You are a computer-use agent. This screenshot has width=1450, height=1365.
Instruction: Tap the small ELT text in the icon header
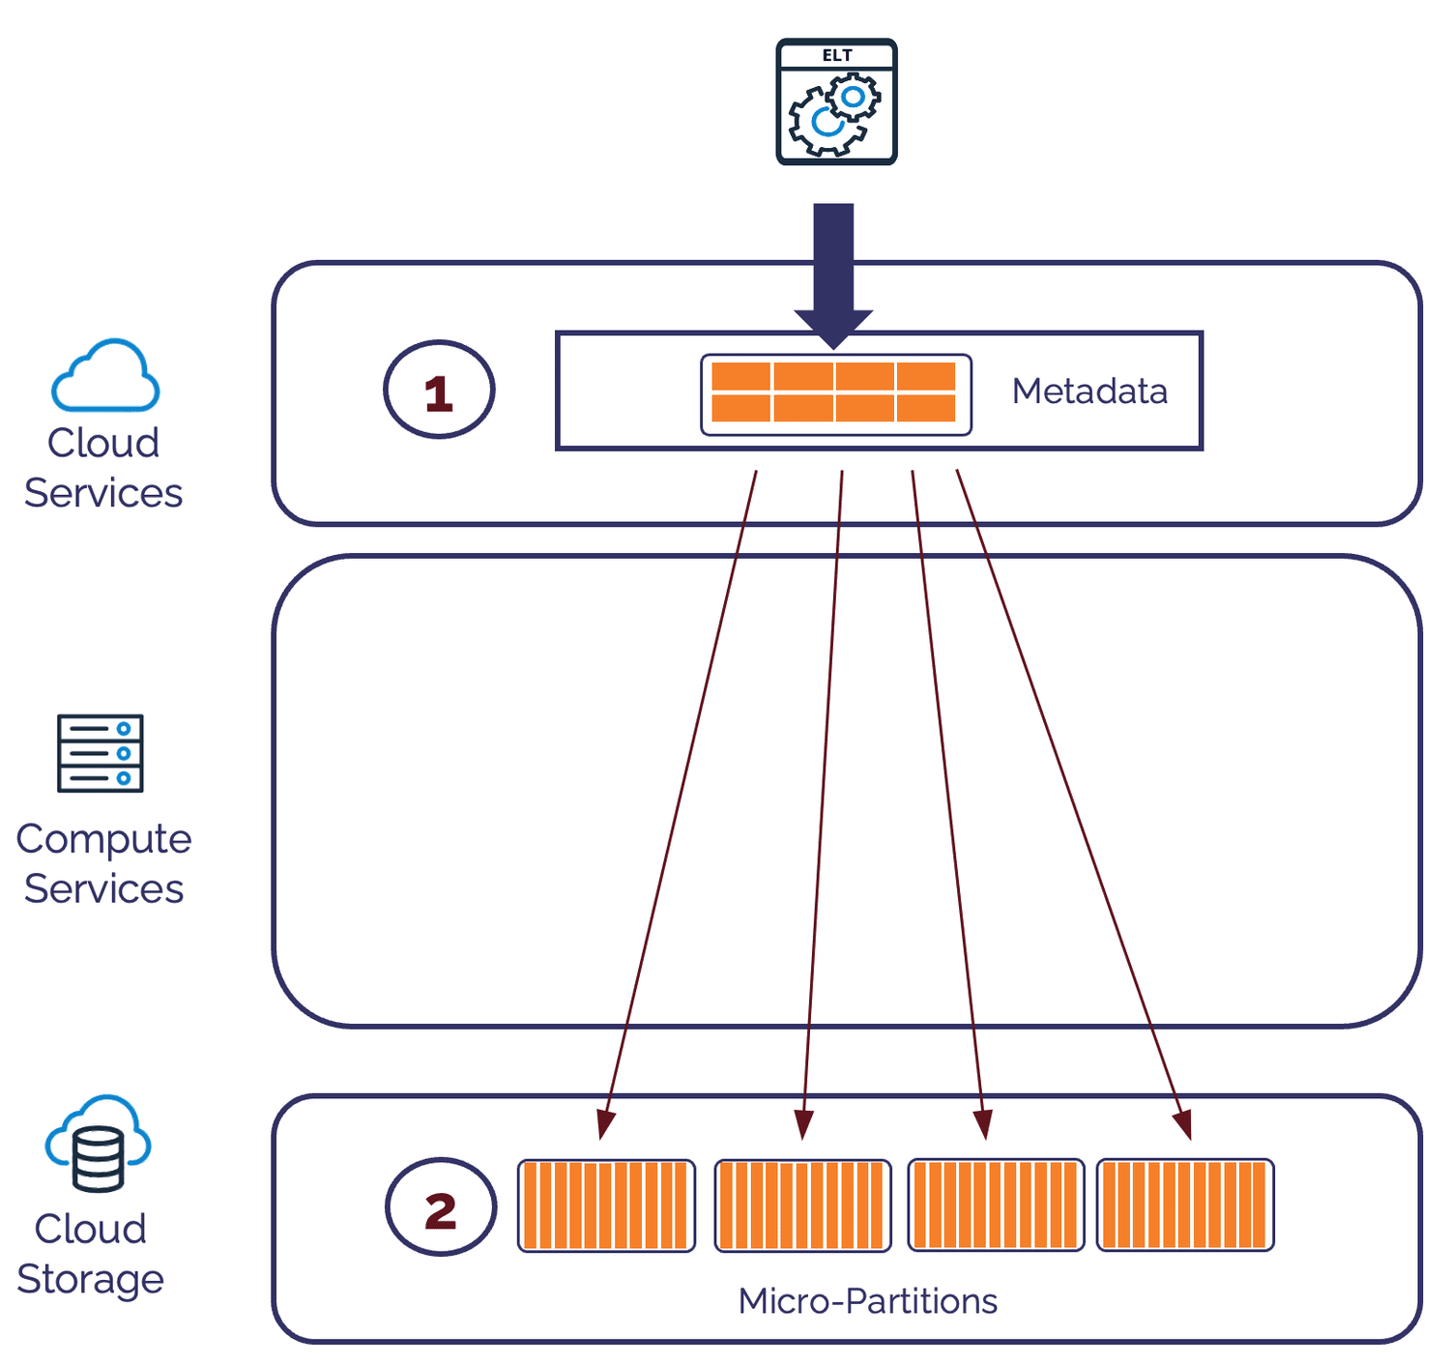tap(836, 55)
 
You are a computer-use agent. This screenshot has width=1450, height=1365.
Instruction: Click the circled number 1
tap(440, 391)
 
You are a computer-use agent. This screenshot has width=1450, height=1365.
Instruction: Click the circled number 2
tap(441, 1207)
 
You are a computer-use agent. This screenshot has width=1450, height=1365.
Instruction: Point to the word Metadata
tap(1089, 392)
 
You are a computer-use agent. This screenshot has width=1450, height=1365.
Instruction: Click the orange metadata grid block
tap(834, 392)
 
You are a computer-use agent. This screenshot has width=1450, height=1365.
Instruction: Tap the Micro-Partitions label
tap(867, 1301)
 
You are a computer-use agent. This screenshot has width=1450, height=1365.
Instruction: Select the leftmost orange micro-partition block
tap(606, 1205)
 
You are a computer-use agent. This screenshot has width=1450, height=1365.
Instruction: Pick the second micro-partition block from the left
tap(802, 1205)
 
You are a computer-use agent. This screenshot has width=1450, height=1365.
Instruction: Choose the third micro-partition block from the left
tap(996, 1205)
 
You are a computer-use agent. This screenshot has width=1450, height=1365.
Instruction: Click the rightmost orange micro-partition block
tap(1185, 1205)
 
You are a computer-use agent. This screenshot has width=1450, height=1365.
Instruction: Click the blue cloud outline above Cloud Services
tap(104, 376)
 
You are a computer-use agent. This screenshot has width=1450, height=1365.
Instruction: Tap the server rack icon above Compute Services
tap(101, 753)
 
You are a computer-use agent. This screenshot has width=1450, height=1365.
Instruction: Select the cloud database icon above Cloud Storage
tap(98, 1145)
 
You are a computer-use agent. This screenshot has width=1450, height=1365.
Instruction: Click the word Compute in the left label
tap(103, 839)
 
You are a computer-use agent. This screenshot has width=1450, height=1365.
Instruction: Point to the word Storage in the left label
tap(90, 1279)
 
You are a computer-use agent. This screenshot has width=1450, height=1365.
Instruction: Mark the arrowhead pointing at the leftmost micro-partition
tap(604, 1125)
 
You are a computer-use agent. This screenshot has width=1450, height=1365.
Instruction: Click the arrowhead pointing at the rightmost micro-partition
tap(1183, 1125)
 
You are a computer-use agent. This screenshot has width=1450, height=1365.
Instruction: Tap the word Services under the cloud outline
tap(103, 493)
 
